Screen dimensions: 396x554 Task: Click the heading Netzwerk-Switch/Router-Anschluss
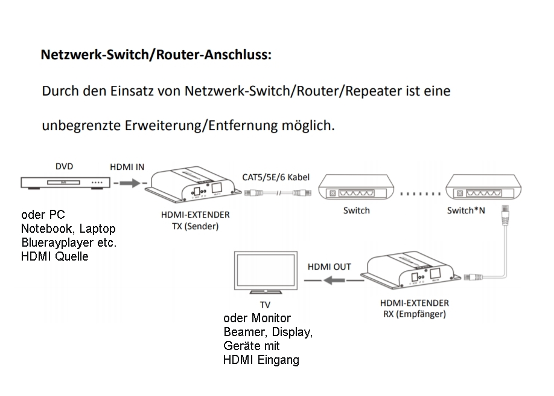coord(156,55)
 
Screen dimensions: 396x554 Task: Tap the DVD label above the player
coord(65,166)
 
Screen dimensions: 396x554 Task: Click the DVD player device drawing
coord(65,182)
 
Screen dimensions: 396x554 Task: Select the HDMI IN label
coord(127,167)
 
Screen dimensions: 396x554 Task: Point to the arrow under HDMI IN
coord(128,183)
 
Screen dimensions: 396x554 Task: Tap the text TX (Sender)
coord(191,227)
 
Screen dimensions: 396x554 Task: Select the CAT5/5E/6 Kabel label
coord(276,177)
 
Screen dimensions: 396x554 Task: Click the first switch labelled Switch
coord(357,189)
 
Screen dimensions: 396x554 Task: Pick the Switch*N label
coord(466,211)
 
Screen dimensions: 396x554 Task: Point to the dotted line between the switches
coord(421,195)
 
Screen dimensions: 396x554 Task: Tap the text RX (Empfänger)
coord(414,314)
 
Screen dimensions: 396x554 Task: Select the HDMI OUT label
coord(329,267)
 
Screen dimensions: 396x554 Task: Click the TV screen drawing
coord(265,274)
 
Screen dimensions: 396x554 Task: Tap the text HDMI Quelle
coord(54,256)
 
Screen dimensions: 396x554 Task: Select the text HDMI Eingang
coord(261,360)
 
